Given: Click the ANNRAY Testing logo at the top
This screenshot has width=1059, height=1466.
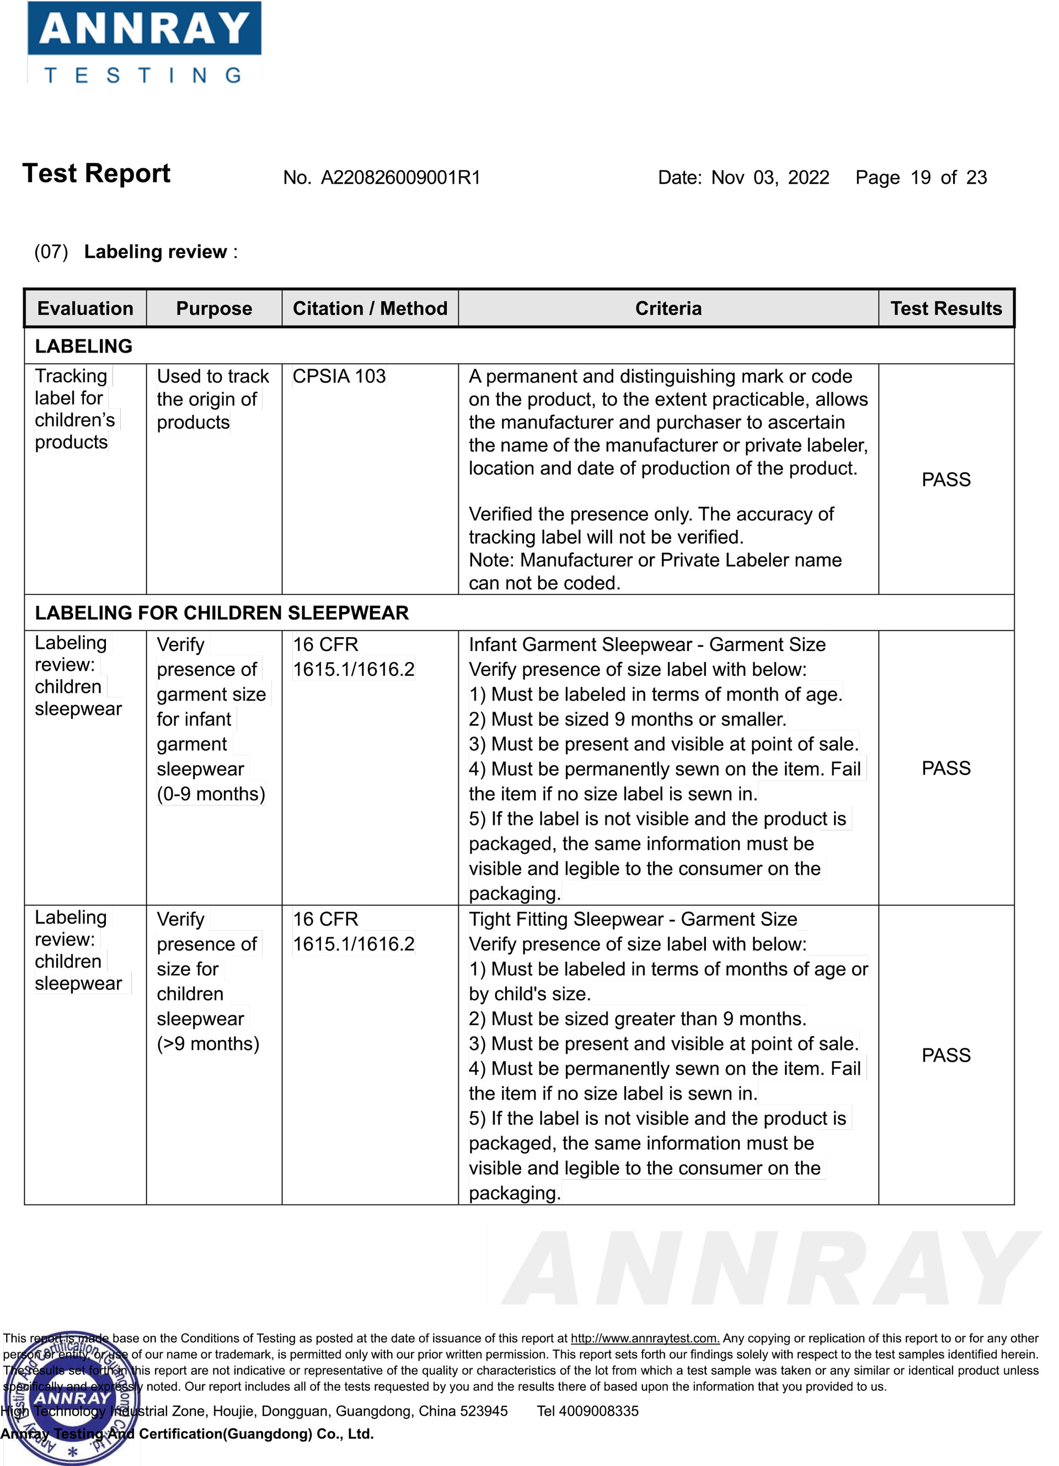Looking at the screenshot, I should click(x=144, y=42).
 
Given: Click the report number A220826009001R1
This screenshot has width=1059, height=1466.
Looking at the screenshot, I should click(x=400, y=178).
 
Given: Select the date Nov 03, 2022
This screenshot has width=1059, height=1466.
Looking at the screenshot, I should click(x=769, y=178).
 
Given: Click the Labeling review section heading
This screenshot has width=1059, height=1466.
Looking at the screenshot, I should click(x=155, y=252).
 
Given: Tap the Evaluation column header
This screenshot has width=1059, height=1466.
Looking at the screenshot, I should click(x=85, y=308).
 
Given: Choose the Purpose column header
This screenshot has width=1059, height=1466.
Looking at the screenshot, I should click(x=214, y=308).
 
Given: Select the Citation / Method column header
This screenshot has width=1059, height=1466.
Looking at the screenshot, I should click(x=370, y=308).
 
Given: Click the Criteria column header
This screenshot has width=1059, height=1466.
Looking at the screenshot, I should click(x=667, y=308).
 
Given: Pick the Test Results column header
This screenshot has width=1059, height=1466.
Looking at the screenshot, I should click(x=945, y=308).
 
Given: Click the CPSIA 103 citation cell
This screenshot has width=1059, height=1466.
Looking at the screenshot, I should click(x=339, y=376).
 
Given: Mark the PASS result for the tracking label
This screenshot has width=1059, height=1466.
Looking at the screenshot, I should click(x=945, y=479).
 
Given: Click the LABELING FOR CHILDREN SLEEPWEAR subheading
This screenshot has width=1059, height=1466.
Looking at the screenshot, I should click(x=222, y=613).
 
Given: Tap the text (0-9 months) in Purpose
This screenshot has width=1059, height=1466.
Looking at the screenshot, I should click(x=211, y=794).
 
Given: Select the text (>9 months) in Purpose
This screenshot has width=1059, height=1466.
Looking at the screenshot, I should click(x=207, y=1043).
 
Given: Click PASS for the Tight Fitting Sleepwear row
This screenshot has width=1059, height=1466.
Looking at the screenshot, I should click(x=945, y=1055).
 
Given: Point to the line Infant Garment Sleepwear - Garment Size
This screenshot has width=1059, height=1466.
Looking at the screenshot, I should click(x=647, y=644).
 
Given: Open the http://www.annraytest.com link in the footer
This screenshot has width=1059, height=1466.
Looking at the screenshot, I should click(x=644, y=1338).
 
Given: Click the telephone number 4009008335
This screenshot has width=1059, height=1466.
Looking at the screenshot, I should click(x=598, y=1411).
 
